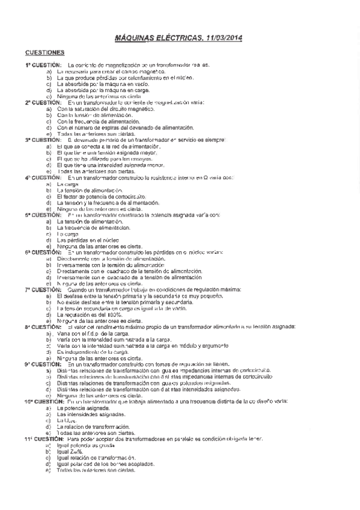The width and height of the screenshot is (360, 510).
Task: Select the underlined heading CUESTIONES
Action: pos(45,53)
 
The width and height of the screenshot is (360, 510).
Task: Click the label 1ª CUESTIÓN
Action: pos(43,65)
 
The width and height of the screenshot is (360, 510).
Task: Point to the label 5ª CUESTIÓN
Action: pos(43,215)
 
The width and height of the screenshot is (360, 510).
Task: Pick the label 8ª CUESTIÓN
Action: pos(43,327)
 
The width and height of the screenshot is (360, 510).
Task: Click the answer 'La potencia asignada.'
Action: pos(84,408)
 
